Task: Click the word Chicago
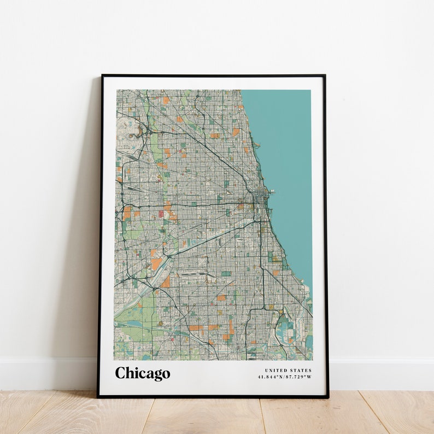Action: (x=142, y=373)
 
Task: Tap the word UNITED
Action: (x=277, y=371)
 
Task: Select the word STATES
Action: (x=301, y=371)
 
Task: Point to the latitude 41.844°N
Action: (x=272, y=377)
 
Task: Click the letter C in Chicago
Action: (x=120, y=373)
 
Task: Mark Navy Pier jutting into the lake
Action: (x=270, y=192)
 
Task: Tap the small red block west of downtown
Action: (x=161, y=214)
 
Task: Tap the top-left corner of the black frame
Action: (x=102, y=75)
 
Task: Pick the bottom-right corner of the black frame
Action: (x=328, y=397)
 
